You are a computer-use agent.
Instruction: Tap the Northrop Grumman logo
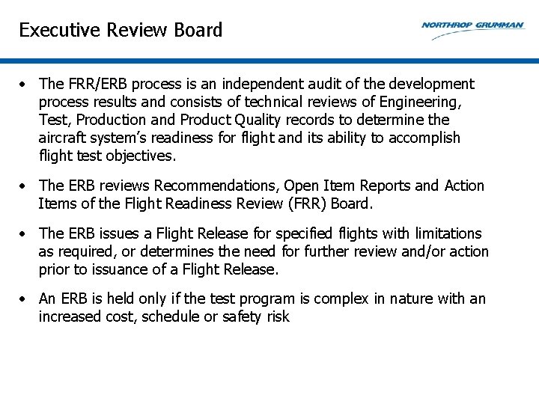[472, 25]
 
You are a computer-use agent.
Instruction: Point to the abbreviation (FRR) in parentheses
[320, 203]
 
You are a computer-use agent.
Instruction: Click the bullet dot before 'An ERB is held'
[25, 299]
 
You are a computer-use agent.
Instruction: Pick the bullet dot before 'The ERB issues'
[25, 234]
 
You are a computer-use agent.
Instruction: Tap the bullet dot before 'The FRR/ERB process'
[25, 85]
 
